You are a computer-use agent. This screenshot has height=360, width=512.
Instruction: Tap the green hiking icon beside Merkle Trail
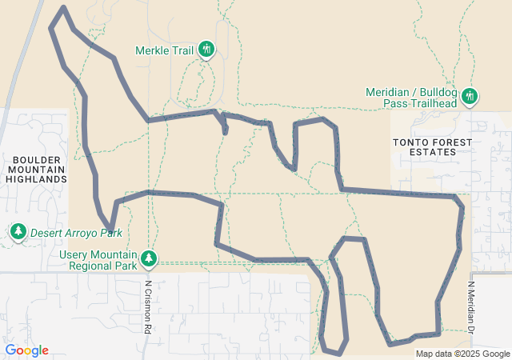pos(206,50)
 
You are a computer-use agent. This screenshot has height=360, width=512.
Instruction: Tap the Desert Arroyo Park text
pos(76,234)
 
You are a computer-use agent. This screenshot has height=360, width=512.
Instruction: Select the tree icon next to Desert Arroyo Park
pos(18,232)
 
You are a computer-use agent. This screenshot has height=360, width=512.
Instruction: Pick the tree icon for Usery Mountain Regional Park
pos(148,258)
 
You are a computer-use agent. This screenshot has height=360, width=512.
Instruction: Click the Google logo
pos(26,350)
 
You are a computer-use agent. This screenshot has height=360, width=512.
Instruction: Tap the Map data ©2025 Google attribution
pos(462,354)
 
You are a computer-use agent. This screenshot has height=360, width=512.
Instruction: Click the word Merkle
pos(150,50)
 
